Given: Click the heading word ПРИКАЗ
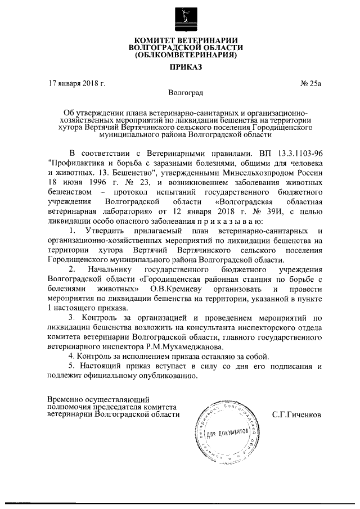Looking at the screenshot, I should point(179,68).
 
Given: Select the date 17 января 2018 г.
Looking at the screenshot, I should point(77,84).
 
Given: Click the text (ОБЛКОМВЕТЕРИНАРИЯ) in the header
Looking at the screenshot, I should point(179,56).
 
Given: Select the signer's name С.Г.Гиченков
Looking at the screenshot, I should point(296,415).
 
